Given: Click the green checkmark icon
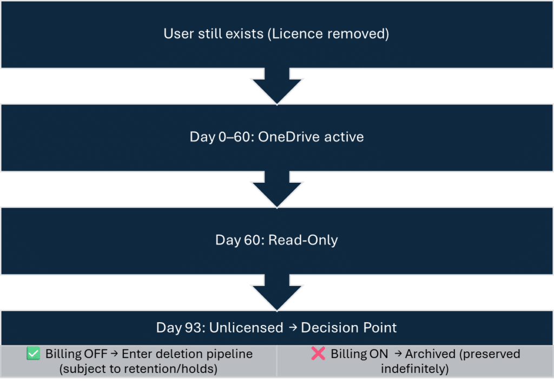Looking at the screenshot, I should click(x=33, y=354).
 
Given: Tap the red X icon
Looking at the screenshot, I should click(x=318, y=354).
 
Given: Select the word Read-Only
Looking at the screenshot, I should click(x=305, y=240).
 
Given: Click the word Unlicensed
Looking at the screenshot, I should click(x=246, y=328).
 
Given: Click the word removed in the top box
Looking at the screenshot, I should click(x=360, y=34).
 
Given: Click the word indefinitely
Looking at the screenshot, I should click(x=415, y=369).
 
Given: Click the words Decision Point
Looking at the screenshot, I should click(x=349, y=328).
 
